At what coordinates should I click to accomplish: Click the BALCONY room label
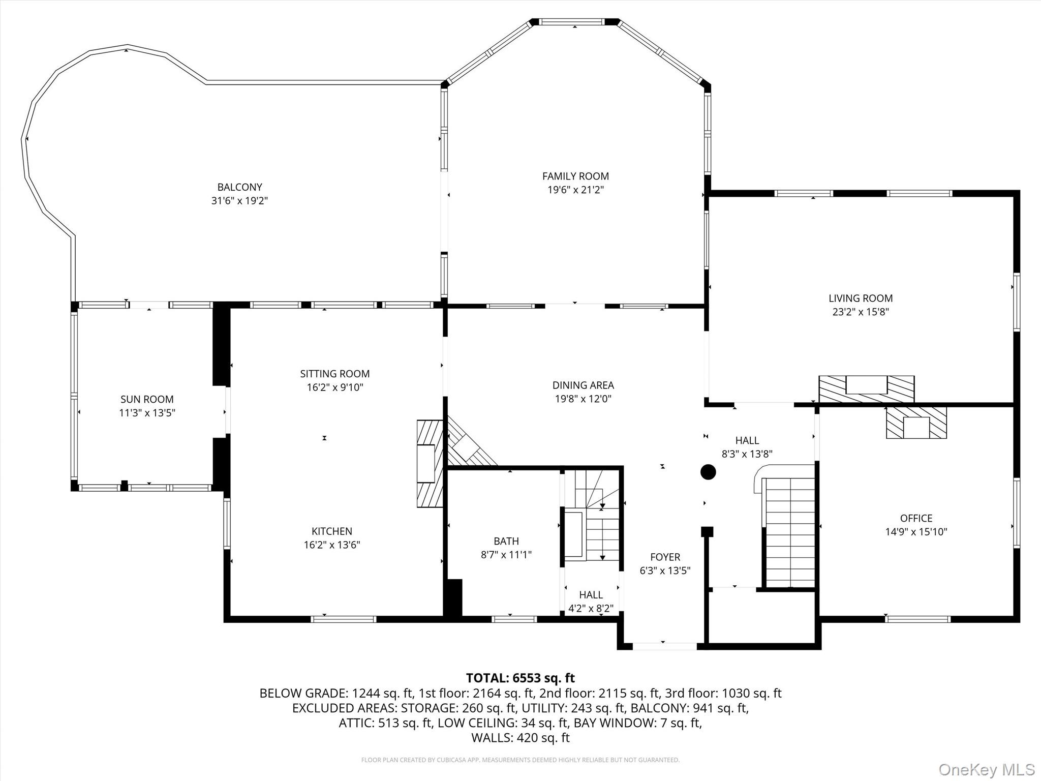pyautogui.click(x=239, y=187)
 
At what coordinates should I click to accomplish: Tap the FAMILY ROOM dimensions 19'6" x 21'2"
pyautogui.click(x=575, y=190)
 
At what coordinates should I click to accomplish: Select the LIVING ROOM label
pyautogui.click(x=860, y=298)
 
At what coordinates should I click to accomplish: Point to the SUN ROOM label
pyautogui.click(x=147, y=399)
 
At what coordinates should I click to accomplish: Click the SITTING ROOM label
pyautogui.click(x=334, y=374)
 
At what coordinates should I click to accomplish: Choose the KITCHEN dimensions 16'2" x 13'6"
pyautogui.click(x=331, y=545)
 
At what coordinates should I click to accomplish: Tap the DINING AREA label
pyautogui.click(x=583, y=385)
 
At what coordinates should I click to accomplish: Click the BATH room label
pyautogui.click(x=506, y=541)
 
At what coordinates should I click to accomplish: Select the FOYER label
pyautogui.click(x=665, y=557)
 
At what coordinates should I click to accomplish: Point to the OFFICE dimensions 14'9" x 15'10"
pyautogui.click(x=916, y=532)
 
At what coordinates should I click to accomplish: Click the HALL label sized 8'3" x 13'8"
pyautogui.click(x=747, y=440)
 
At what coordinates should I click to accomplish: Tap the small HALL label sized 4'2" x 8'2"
pyautogui.click(x=591, y=595)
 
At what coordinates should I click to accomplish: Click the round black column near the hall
pyautogui.click(x=708, y=472)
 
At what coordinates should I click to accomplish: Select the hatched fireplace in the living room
pyautogui.click(x=866, y=389)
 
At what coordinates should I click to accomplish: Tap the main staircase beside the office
pyautogui.click(x=789, y=531)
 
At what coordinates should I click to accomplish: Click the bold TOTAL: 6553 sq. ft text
pyautogui.click(x=520, y=678)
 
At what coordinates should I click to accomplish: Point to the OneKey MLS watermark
pyautogui.click(x=986, y=769)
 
